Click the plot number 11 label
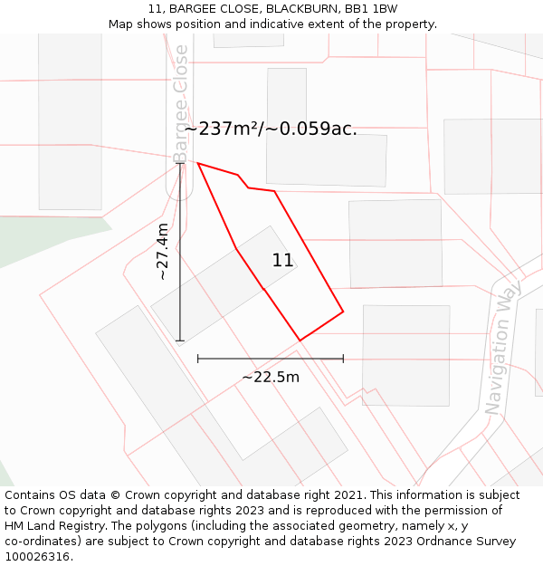click(x=282, y=261)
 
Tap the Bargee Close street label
click(x=181, y=103)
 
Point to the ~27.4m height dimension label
click(x=162, y=252)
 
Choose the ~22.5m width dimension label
click(x=270, y=377)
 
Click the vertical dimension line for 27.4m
click(x=179, y=272)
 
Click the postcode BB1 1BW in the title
click(x=371, y=9)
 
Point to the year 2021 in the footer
click(x=348, y=495)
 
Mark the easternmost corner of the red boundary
click(x=343, y=312)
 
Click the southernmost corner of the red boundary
click(x=300, y=341)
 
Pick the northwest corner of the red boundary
click(x=197, y=163)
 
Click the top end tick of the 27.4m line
click(x=179, y=163)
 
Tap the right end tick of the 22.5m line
click(x=343, y=359)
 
